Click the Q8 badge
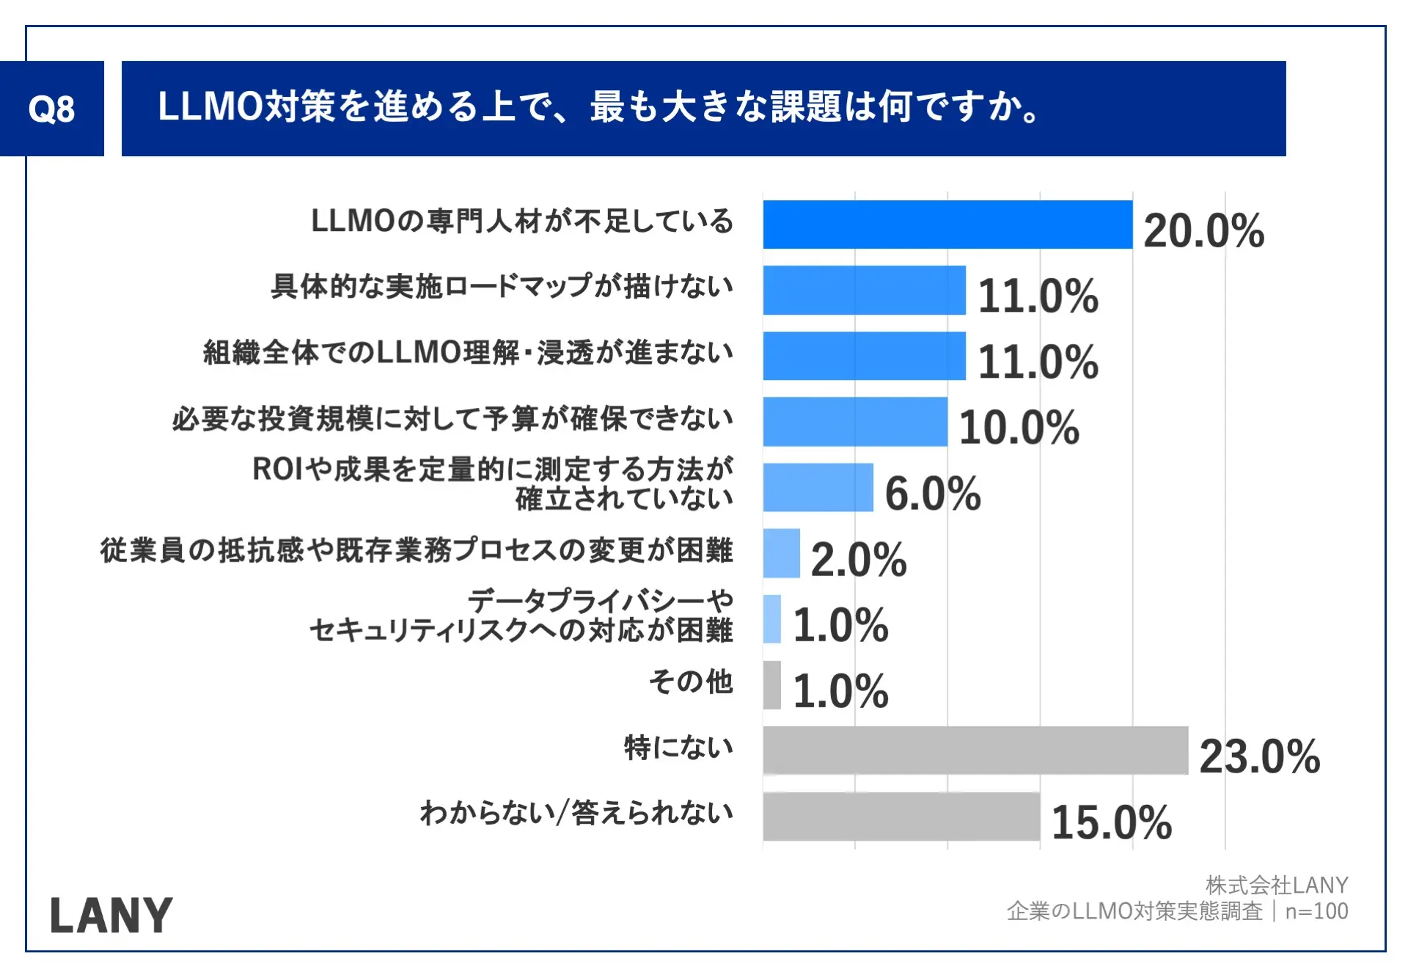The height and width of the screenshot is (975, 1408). pyautogui.click(x=51, y=109)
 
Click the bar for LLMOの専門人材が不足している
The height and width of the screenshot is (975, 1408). pyautogui.click(x=947, y=224)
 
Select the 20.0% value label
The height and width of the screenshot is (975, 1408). pyautogui.click(x=1203, y=231)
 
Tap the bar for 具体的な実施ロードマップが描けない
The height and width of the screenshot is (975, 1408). pyautogui.click(x=864, y=291)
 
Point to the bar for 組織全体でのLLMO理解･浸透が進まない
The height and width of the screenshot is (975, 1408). pyautogui.click(x=864, y=356)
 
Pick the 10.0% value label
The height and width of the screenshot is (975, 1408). pyautogui.click(x=1019, y=428)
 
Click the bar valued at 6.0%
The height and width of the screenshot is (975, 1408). pyautogui.click(x=818, y=487)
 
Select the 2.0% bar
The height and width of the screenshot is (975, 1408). pyautogui.click(x=781, y=553)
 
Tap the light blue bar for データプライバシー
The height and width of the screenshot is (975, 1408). pyautogui.click(x=771, y=619)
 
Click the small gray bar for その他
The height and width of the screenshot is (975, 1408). pyautogui.click(x=771, y=685)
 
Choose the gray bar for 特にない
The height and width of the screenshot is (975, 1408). pyautogui.click(x=975, y=751)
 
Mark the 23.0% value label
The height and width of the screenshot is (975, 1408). pyautogui.click(x=1259, y=756)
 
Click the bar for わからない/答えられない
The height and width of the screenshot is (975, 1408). pyautogui.click(x=901, y=817)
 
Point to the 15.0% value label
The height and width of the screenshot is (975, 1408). pyautogui.click(x=1111, y=822)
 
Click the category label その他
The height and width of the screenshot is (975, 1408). pyautogui.click(x=691, y=682)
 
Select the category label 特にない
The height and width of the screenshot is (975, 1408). pyautogui.click(x=678, y=748)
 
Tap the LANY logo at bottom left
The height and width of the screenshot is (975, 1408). pyautogui.click(x=111, y=916)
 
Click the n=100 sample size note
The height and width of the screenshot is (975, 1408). pyautogui.click(x=1316, y=911)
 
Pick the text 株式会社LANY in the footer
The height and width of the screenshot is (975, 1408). pyautogui.click(x=1277, y=885)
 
